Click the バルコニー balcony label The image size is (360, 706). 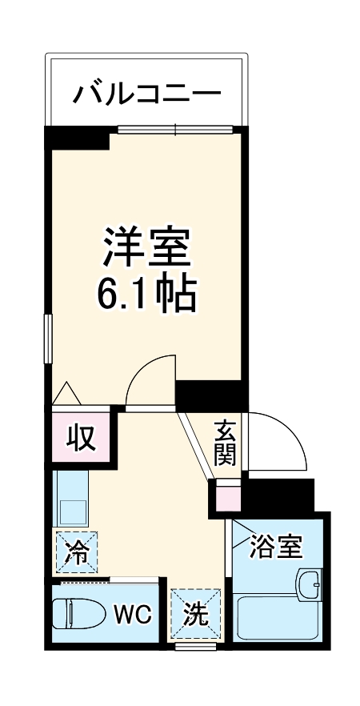pos(147,94)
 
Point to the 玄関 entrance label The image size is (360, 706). pos(224,443)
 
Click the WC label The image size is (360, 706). pos(131,615)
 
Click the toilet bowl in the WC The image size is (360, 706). pos(78,616)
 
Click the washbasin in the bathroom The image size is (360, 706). pos(308,584)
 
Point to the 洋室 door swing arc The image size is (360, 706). pos(150,380)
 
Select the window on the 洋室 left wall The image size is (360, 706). pos(48,339)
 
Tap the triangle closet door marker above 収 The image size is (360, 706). pos(66,394)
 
